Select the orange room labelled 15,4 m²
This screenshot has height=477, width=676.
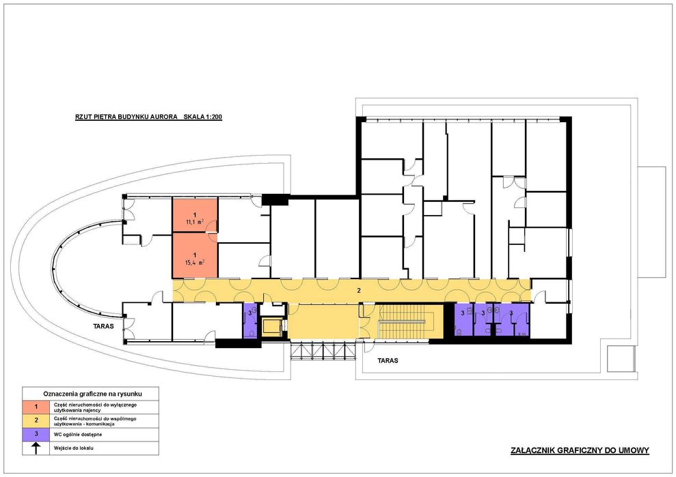(x=195, y=255)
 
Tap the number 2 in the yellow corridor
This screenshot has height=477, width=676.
(x=358, y=290)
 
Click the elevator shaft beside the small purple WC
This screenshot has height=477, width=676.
(x=272, y=326)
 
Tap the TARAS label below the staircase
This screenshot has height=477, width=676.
(x=387, y=360)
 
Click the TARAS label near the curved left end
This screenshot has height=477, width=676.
(x=103, y=327)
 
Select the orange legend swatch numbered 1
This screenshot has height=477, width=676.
(x=36, y=407)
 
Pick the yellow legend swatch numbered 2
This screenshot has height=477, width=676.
(x=36, y=420)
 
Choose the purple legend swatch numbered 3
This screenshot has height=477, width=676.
(x=36, y=434)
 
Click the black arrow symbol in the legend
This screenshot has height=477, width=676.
(x=36, y=448)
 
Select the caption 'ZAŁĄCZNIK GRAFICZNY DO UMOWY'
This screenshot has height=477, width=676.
(x=579, y=450)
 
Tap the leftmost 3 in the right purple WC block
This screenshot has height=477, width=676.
(x=463, y=313)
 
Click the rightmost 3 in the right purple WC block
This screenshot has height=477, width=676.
(x=511, y=313)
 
